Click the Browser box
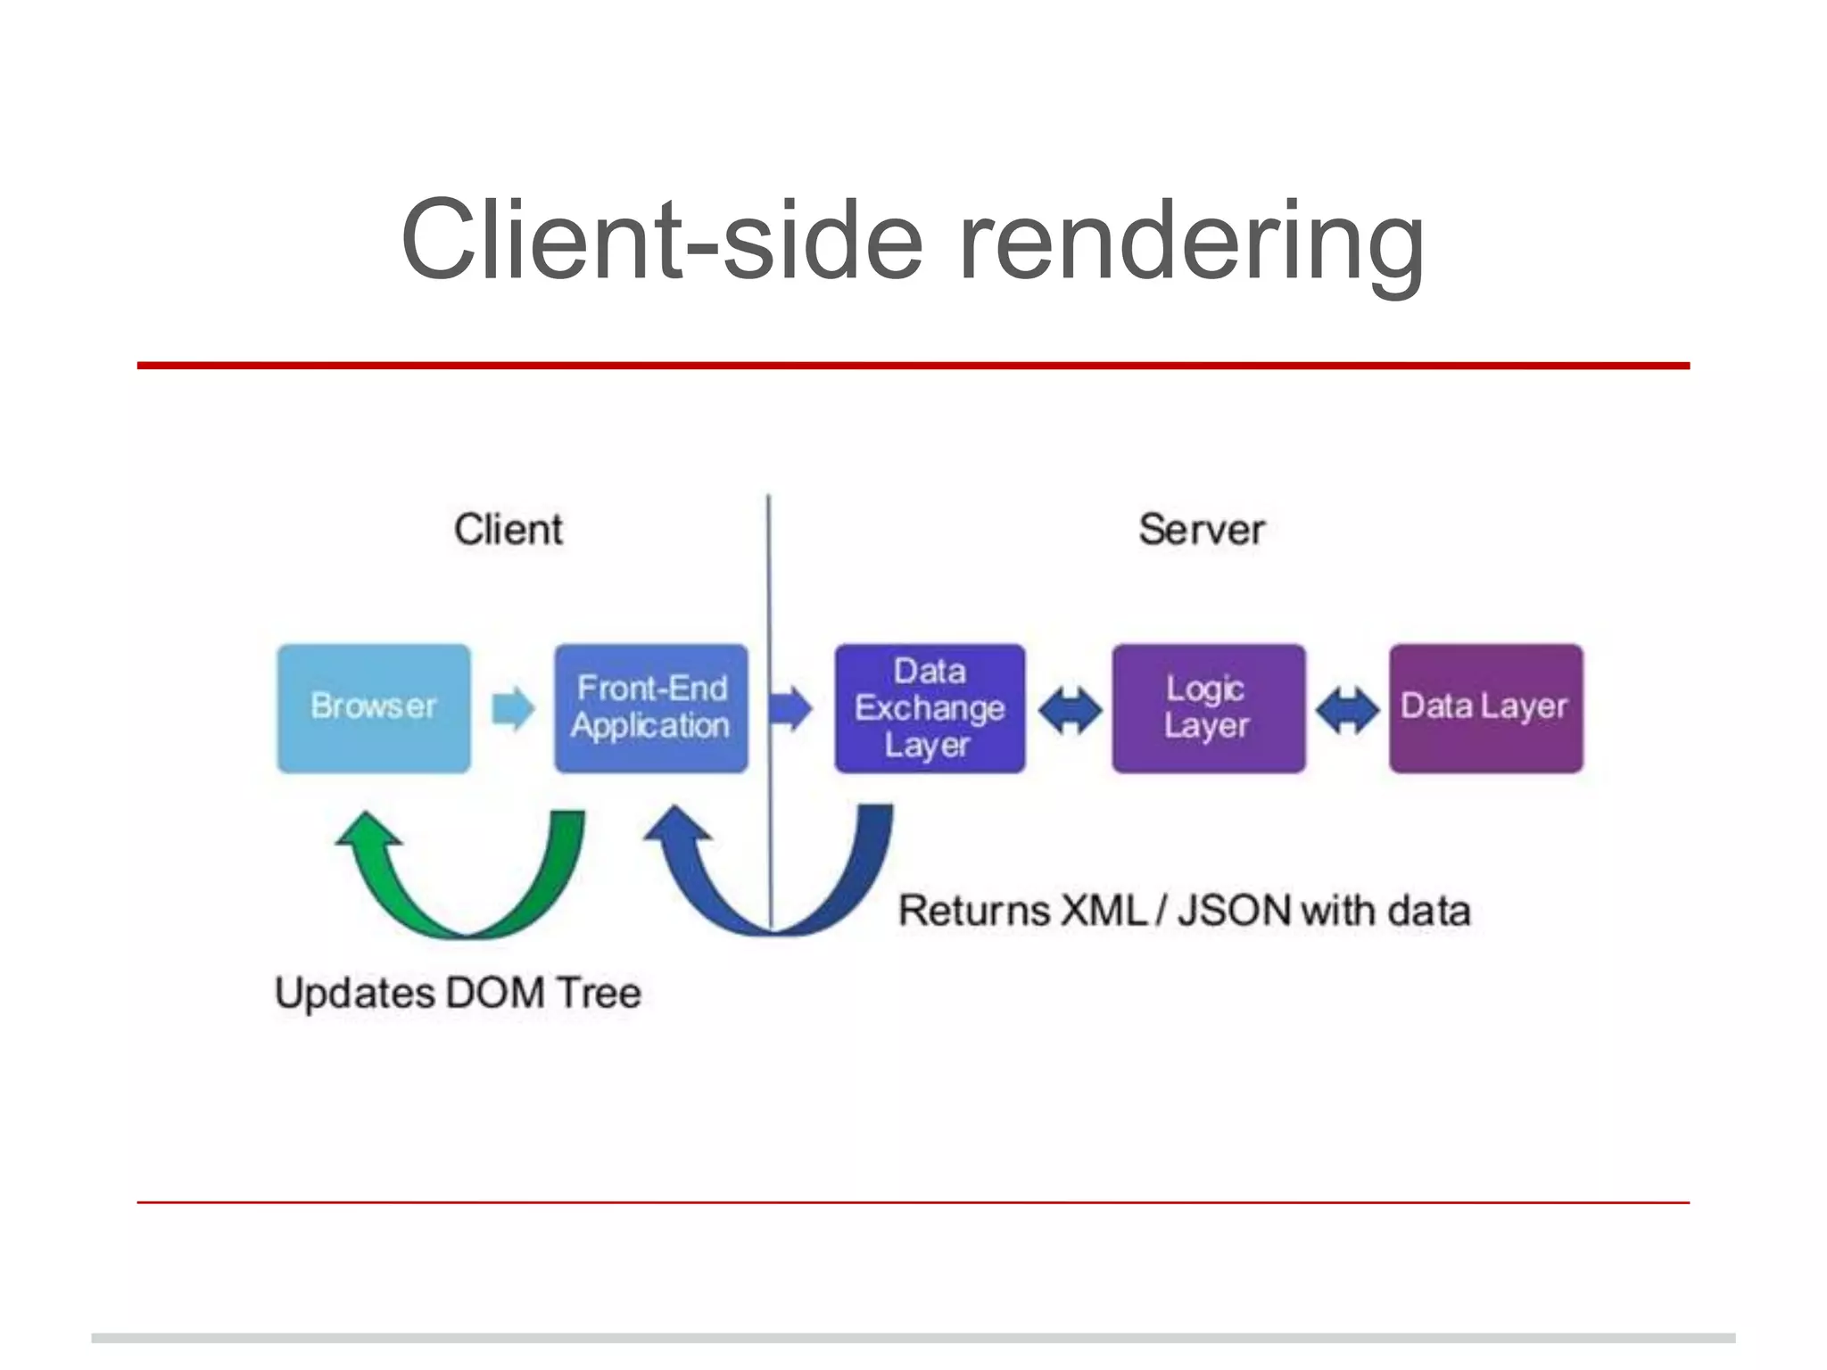(374, 708)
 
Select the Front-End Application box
(651, 708)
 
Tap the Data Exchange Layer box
(930, 708)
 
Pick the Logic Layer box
(1208, 708)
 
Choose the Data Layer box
(1485, 708)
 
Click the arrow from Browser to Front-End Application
(513, 709)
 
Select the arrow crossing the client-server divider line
(790, 709)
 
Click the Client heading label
(508, 530)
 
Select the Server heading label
(1202, 530)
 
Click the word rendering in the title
(1191, 241)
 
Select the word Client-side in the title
(662, 241)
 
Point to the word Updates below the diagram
(354, 994)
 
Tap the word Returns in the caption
(974, 911)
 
